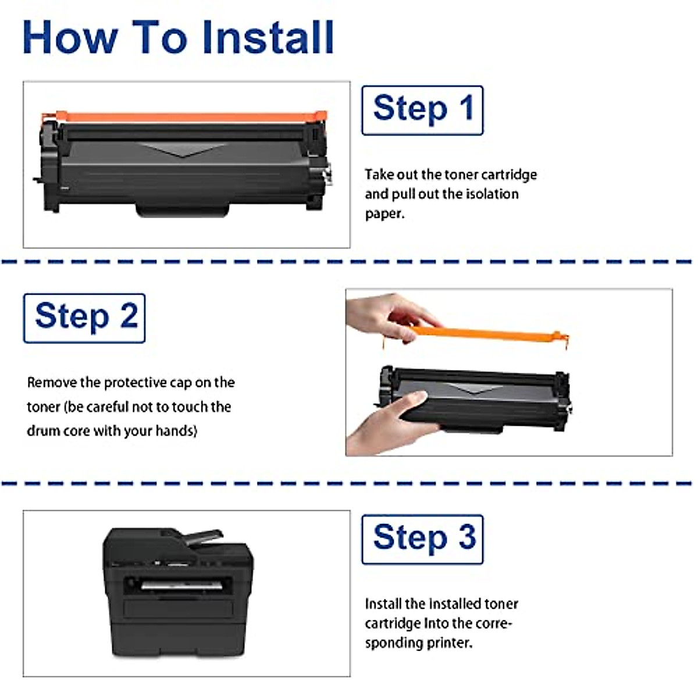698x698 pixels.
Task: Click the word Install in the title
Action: (268, 38)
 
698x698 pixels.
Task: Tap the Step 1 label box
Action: (422, 111)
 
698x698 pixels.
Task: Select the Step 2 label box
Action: (84, 318)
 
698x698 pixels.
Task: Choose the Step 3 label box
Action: (422, 540)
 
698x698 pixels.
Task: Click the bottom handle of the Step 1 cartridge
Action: (183, 210)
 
